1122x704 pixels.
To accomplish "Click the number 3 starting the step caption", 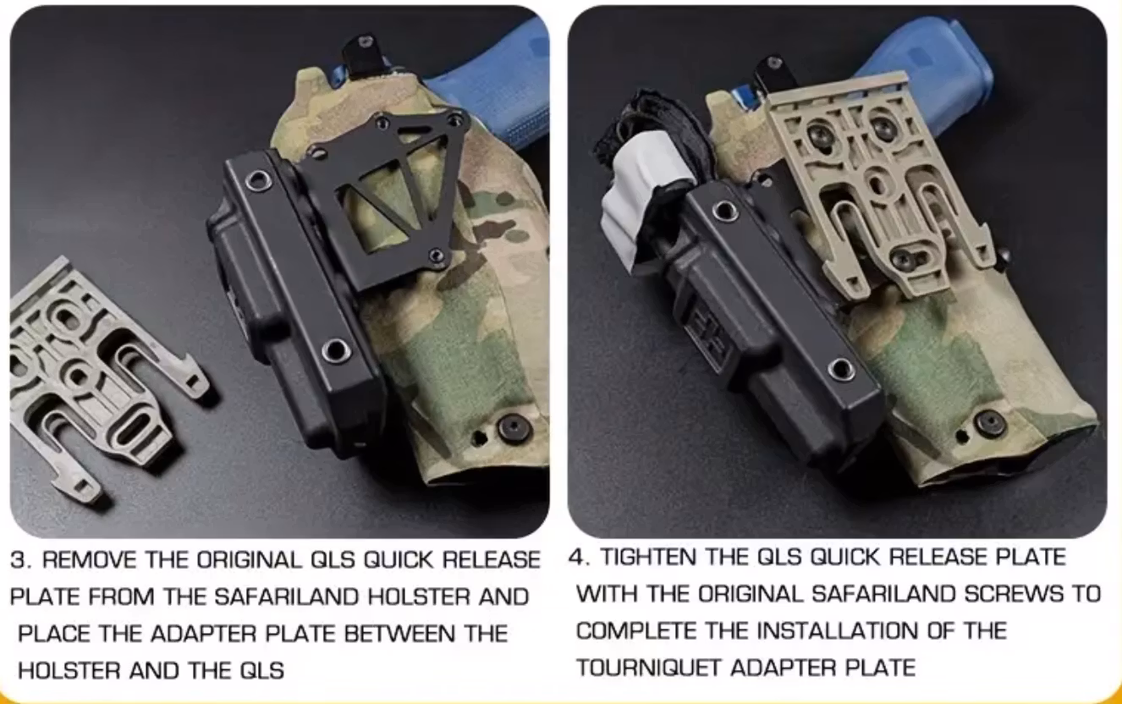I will pyautogui.click(x=18, y=560).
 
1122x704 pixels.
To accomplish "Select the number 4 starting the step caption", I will pyautogui.click(x=578, y=558).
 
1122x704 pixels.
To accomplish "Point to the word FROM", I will pyautogui.click(x=122, y=597).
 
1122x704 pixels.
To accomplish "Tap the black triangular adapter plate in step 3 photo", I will pyautogui.click(x=389, y=195).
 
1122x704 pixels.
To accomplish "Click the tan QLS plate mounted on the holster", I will pyautogui.click(x=880, y=186).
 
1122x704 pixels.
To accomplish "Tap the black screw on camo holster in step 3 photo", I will pyautogui.click(x=513, y=428).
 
